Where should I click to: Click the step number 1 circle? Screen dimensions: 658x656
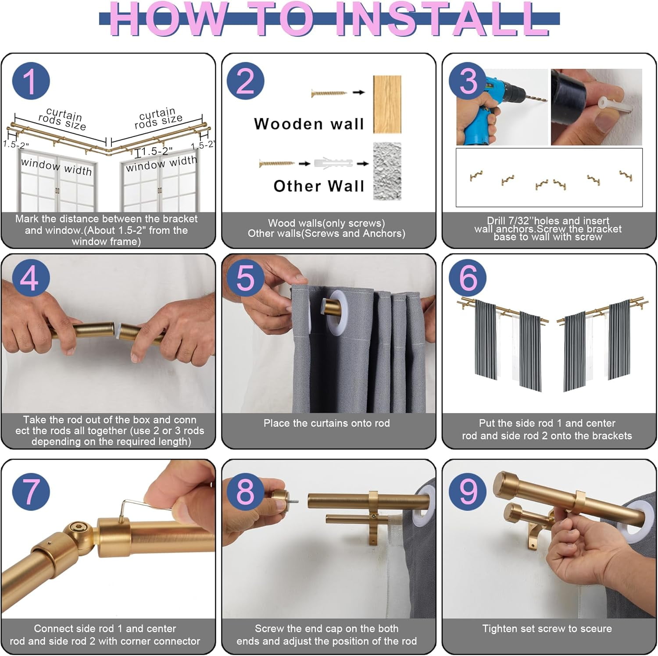[x=31, y=81]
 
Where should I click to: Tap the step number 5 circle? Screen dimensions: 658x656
[x=246, y=278]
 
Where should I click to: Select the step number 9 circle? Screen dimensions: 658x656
[x=468, y=491]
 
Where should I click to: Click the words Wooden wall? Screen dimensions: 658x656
[x=309, y=124]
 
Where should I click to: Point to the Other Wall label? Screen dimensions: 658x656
[x=319, y=186]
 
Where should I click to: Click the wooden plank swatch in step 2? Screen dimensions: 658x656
[x=387, y=104]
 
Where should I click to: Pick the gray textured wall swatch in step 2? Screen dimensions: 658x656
[x=387, y=171]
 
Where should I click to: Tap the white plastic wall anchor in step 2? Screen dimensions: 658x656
[x=333, y=163]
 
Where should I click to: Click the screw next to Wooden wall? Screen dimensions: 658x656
[x=329, y=93]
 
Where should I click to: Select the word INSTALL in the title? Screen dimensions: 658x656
[x=443, y=19]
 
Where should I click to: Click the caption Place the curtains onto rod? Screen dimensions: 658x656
[x=327, y=423]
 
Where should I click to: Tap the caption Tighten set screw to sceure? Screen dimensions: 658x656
[x=547, y=628]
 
